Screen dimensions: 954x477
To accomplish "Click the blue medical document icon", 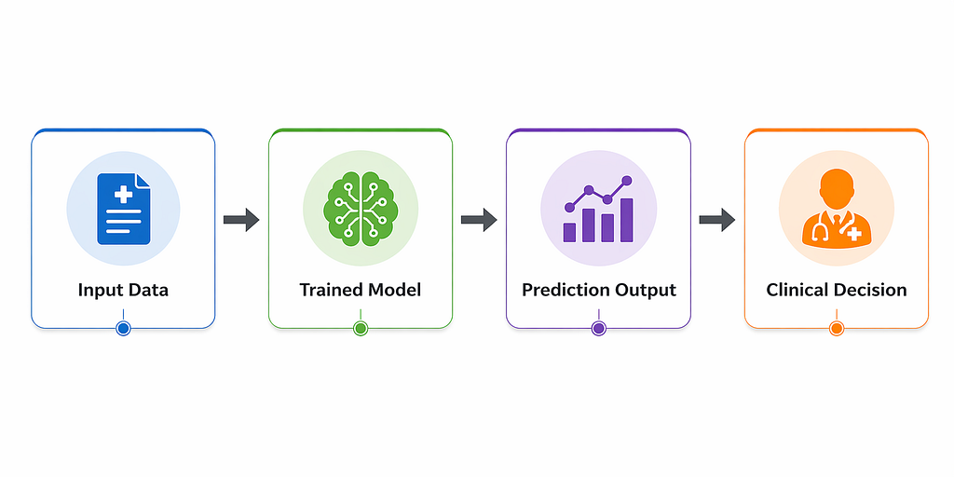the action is click(x=124, y=209).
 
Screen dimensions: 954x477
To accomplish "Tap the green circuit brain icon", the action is click(x=361, y=209).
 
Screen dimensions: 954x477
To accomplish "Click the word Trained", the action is click(x=327, y=290).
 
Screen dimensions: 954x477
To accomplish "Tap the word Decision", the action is click(x=868, y=290).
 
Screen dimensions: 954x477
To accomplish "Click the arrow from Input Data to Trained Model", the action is click(x=241, y=220).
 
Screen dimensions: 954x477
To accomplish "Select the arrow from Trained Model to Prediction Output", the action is click(x=479, y=220).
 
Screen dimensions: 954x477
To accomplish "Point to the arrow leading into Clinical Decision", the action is click(x=716, y=220).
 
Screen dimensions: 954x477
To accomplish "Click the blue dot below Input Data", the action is click(x=124, y=329).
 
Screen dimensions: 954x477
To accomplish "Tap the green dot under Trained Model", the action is click(x=361, y=329).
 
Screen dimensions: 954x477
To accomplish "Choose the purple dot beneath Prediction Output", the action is click(x=599, y=329).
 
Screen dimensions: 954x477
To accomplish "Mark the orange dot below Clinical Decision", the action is click(x=837, y=329).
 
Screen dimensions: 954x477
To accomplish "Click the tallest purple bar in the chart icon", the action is click(x=627, y=220).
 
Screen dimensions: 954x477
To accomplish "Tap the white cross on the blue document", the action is click(x=124, y=194).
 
